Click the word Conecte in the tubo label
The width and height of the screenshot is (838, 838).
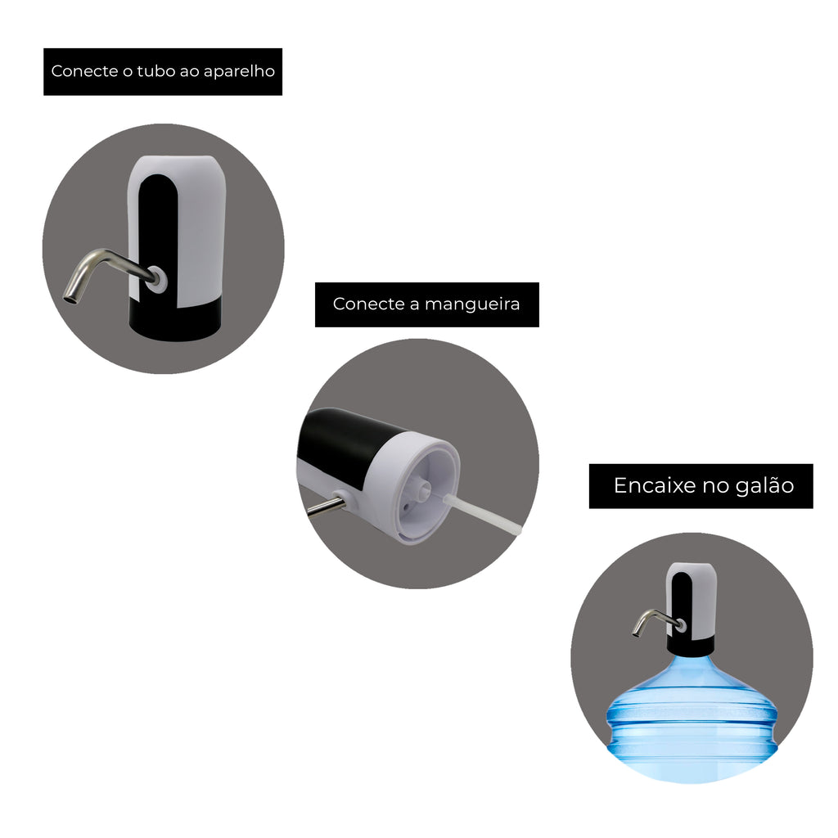(x=84, y=71)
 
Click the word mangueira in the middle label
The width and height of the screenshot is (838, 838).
(x=472, y=304)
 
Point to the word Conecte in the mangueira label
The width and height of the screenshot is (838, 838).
(x=369, y=304)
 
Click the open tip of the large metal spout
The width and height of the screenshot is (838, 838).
(x=70, y=299)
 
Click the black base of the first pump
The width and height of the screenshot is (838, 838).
(x=176, y=320)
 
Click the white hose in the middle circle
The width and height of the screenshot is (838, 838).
(x=481, y=515)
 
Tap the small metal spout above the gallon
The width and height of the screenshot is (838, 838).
(x=653, y=620)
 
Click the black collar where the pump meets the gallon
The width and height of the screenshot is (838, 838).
(x=691, y=647)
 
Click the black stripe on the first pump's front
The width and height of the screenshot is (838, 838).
(x=158, y=235)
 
